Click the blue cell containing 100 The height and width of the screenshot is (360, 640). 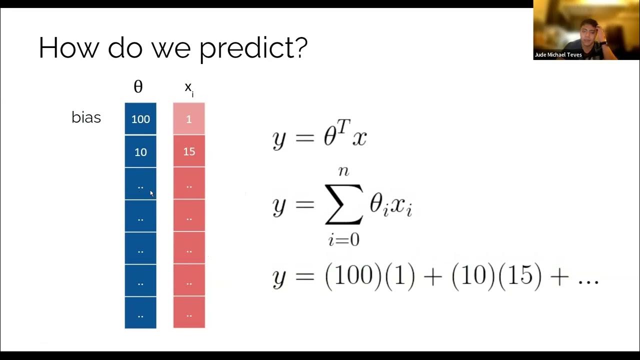(140, 119)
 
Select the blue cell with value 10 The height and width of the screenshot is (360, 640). (140, 151)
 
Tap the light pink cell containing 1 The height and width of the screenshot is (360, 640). (189, 119)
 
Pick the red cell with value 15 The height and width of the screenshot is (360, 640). (189, 151)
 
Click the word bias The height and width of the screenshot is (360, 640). (86, 118)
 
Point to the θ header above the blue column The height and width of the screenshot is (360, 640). (138, 87)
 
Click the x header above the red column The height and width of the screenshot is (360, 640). (188, 87)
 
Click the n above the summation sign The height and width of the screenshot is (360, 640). (343, 171)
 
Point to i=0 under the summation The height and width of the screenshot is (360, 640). (343, 240)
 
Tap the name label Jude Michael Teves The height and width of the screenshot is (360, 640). (558, 55)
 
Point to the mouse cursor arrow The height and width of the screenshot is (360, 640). (152, 193)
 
